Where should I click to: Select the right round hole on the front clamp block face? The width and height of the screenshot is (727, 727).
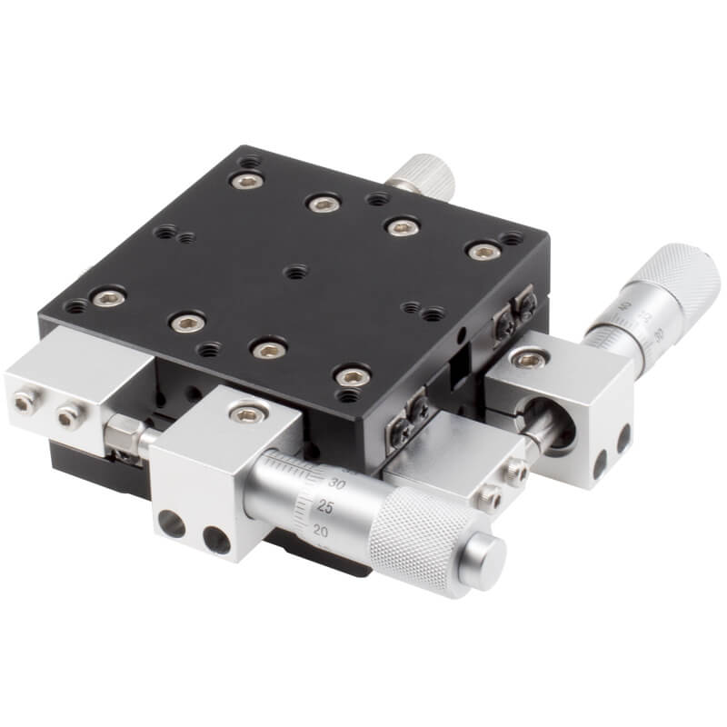tap(215, 541)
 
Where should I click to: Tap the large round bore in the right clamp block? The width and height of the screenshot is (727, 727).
tap(555, 417)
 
